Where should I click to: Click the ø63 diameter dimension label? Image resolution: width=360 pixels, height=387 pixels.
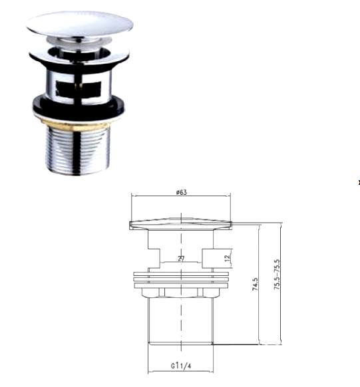click(x=182, y=192)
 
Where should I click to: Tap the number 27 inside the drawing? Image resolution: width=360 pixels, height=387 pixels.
click(x=181, y=259)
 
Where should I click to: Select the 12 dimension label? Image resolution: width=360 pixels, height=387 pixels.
click(x=228, y=258)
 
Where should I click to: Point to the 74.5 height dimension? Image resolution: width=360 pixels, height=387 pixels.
click(x=256, y=284)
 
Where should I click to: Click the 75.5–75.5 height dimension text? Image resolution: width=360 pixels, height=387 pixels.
click(x=277, y=275)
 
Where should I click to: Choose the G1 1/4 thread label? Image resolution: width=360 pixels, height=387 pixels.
click(x=181, y=366)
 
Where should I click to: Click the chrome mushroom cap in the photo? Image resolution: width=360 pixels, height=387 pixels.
click(x=80, y=24)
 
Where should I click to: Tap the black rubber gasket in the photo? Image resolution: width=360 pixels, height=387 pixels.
click(x=79, y=106)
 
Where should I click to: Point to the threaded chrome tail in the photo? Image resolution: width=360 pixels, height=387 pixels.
click(x=78, y=150)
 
